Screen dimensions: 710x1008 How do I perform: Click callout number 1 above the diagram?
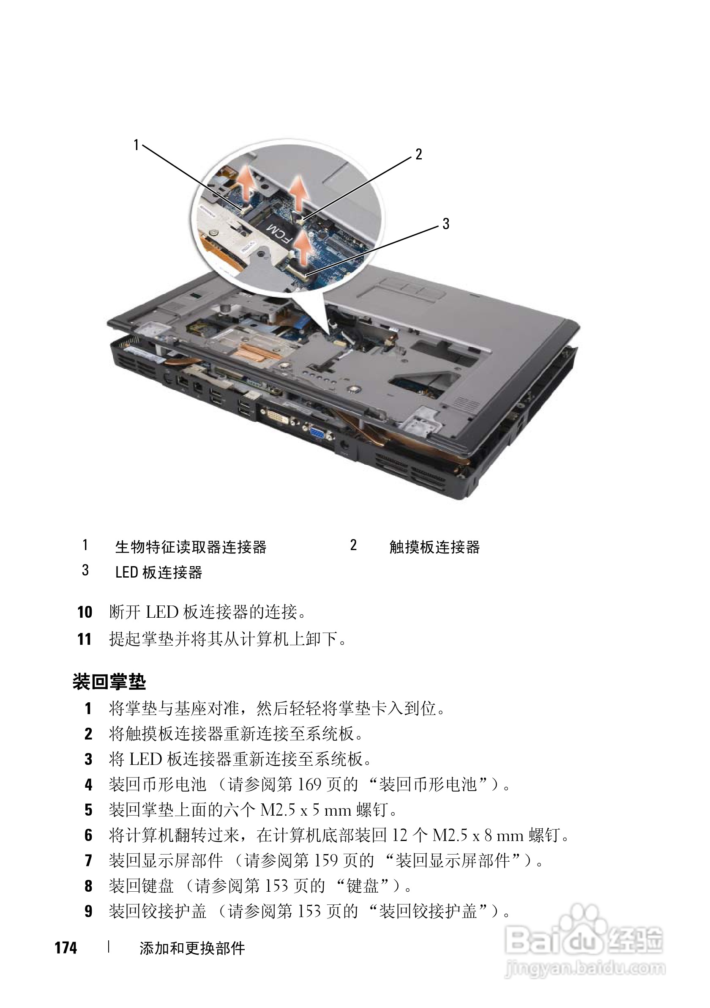(x=137, y=145)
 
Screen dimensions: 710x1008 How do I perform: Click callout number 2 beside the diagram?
(x=419, y=154)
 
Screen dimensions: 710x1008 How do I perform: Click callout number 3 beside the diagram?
(x=446, y=224)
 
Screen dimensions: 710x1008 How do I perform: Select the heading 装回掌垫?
(x=109, y=682)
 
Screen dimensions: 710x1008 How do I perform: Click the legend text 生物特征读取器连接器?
(x=191, y=547)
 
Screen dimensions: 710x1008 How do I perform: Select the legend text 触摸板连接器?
(x=434, y=547)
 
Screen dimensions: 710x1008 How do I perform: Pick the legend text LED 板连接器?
(x=159, y=572)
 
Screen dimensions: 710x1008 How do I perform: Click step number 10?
(x=85, y=612)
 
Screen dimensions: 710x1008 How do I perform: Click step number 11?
(x=85, y=639)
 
